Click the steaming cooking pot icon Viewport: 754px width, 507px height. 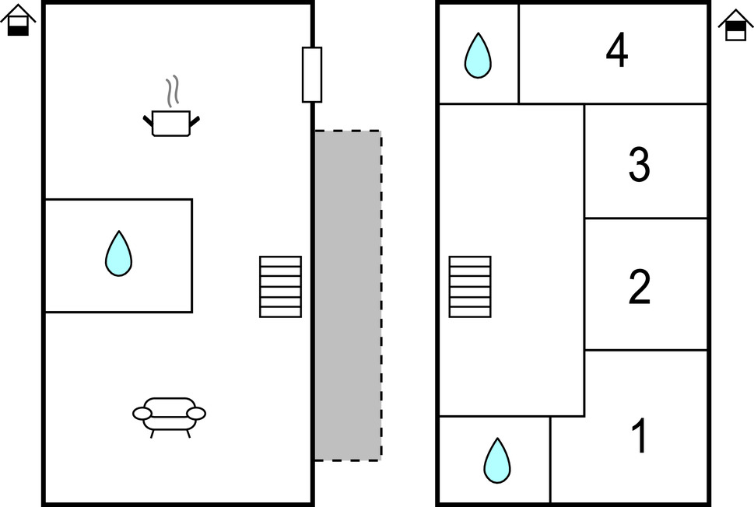171,121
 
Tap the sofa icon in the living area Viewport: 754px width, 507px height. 170,414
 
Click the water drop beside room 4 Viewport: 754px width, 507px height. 478,56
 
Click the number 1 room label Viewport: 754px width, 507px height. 639,436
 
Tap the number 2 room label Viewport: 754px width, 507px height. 639,287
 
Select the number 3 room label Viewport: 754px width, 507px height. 639,165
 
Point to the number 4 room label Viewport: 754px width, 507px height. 617,52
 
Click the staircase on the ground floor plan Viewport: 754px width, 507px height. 280,287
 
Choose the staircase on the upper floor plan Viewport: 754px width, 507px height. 470,287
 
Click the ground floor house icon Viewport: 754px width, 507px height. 18,21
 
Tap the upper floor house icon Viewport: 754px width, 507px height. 735,25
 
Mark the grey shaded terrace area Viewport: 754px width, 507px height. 348,295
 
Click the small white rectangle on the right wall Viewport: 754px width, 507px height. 312,75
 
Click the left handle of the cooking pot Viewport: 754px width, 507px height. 148,120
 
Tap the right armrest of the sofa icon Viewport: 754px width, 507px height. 196,413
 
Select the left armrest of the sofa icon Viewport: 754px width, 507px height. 142,414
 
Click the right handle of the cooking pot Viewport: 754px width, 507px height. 195,120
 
